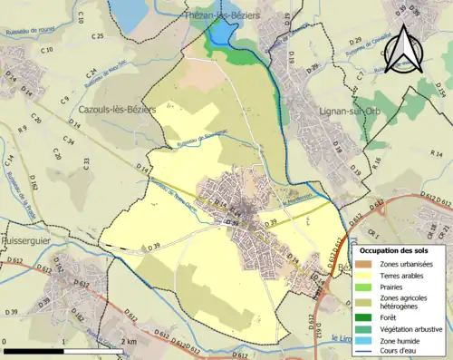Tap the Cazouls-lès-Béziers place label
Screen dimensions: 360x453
point(117,110)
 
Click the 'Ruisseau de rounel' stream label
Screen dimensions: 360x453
point(32,29)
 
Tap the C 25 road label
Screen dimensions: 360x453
point(98,36)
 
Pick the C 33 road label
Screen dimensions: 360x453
point(87,163)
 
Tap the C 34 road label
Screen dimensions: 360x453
point(69,141)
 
